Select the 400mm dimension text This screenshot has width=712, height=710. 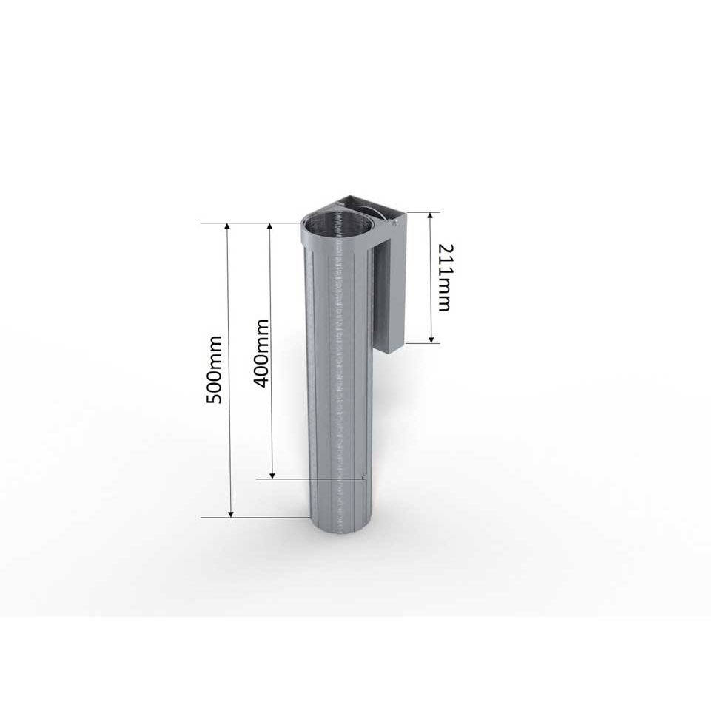260,353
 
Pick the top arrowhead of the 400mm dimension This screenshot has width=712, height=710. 272,227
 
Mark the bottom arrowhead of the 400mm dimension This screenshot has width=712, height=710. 272,474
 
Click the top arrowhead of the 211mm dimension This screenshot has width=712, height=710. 431,217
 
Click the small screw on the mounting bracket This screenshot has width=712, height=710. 397,221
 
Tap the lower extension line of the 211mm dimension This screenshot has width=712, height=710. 422,342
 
